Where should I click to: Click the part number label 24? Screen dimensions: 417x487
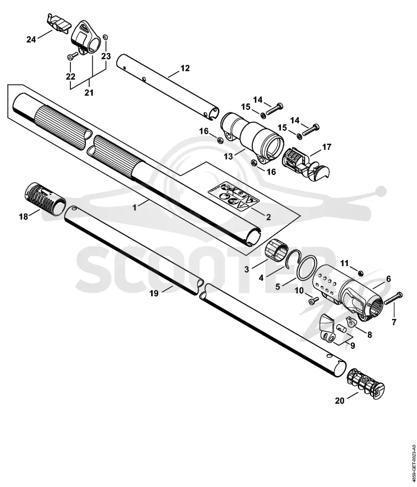[x=31, y=40]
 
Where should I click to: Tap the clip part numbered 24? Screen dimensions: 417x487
[x=58, y=23]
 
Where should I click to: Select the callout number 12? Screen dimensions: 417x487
[x=185, y=68]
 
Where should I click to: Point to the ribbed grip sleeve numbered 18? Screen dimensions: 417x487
[x=45, y=197]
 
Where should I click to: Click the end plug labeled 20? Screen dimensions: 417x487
[x=365, y=384]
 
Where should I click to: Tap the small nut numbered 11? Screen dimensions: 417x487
[x=361, y=273]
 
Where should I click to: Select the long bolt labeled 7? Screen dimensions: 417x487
[x=393, y=298]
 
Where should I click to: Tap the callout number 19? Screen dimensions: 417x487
[x=154, y=293]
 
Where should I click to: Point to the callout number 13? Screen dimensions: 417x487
[x=228, y=156]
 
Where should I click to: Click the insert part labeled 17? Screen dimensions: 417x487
[x=306, y=164]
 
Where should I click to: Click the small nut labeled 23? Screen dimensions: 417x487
[x=105, y=37]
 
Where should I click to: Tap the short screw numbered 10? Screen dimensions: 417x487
[x=314, y=300]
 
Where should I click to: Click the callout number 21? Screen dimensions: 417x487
[x=89, y=93]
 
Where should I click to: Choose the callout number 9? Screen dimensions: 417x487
[x=352, y=345]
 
